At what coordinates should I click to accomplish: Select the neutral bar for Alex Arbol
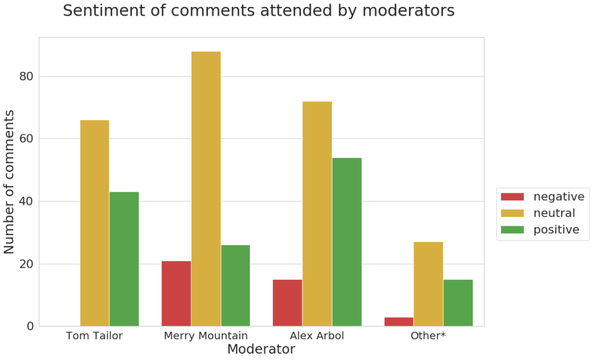tap(317, 214)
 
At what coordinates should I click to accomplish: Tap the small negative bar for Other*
tap(398, 321)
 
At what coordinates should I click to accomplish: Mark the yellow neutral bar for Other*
tap(428, 284)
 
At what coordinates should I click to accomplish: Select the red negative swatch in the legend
tap(512, 197)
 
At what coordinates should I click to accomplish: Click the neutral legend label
tap(554, 213)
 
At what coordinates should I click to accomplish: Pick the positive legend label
tap(556, 230)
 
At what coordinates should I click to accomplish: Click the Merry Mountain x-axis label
tap(206, 336)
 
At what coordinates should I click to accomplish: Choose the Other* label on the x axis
tap(428, 336)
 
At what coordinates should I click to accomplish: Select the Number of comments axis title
tap(10, 181)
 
